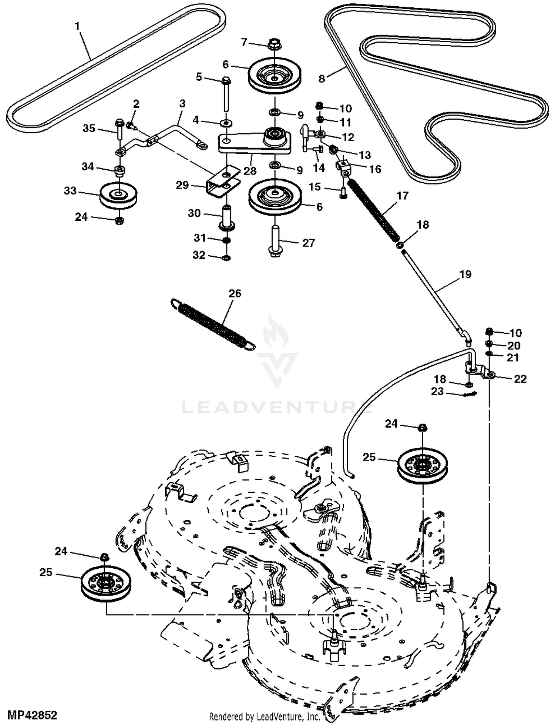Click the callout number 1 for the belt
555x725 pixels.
77,26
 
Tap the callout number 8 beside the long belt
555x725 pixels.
322,79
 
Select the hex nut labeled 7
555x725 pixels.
274,43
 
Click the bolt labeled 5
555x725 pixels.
226,94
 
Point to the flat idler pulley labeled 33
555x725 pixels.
118,195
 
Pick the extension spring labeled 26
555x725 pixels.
213,324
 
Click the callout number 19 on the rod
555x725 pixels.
465,274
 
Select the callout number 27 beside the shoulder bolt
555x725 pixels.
309,243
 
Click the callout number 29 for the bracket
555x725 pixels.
182,185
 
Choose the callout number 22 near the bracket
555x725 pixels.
520,379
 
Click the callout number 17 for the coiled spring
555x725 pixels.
403,196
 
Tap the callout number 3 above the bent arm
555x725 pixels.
182,104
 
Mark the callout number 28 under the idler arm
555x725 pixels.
250,171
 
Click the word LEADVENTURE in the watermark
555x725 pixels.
277,408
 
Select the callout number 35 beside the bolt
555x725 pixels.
89,128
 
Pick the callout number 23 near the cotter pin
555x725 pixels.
437,391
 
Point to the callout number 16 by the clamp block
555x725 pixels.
375,169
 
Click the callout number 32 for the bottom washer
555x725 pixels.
199,255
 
